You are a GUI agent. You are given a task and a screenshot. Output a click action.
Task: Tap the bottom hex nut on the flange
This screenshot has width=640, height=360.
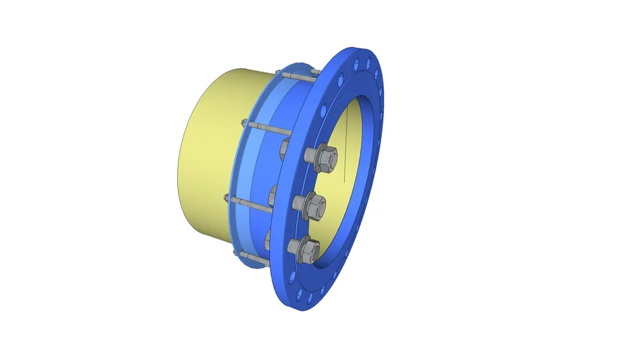[x=308, y=247]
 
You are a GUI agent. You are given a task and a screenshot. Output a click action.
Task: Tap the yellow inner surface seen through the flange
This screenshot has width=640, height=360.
[x=352, y=141]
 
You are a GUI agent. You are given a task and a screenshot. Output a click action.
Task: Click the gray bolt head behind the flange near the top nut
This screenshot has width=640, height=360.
[x=286, y=149]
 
